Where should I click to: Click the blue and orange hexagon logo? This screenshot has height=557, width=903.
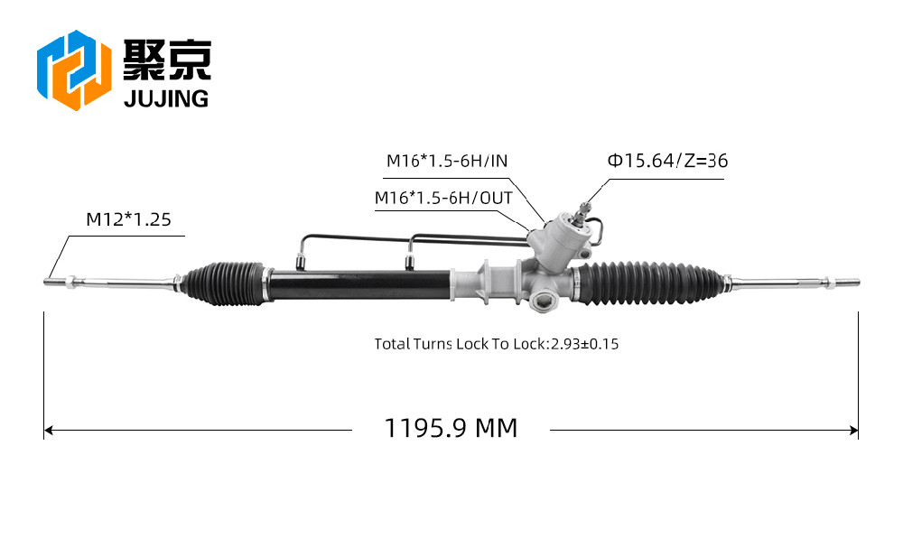pos(74,70)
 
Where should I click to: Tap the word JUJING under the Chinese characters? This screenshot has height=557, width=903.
pos(166,98)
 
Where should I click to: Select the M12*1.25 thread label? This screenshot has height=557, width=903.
pos(128,219)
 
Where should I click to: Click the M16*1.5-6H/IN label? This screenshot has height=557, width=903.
pos(447,161)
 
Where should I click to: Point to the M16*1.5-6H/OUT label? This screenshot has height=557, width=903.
pos(443,198)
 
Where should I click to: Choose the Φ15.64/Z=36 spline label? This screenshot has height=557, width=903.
pos(667,161)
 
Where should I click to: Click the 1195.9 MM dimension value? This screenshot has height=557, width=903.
pos(451,428)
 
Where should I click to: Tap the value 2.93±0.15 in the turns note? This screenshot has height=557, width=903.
pos(584,344)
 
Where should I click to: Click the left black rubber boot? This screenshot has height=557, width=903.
pos(223,283)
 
